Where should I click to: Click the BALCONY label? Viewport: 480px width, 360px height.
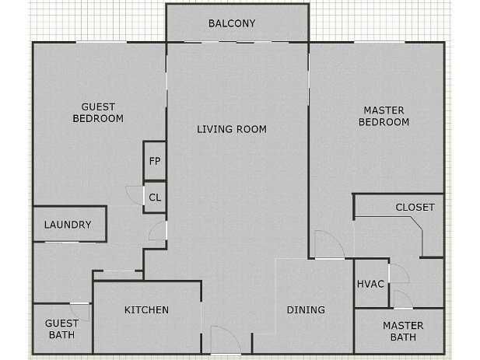tap(232, 23)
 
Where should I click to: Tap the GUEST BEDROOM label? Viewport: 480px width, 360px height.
tap(98, 113)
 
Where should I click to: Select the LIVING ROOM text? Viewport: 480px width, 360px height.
tap(231, 129)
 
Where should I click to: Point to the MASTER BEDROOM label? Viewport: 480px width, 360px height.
tap(383, 116)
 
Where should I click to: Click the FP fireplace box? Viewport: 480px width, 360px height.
tap(155, 162)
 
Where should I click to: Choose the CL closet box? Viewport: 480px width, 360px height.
tap(155, 197)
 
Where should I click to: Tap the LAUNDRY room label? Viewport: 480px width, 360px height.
tap(68, 225)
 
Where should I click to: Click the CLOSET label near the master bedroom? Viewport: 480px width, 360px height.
tap(415, 208)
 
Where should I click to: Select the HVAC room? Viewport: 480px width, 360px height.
tap(370, 284)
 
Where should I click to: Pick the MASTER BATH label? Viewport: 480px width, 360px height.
tap(402, 331)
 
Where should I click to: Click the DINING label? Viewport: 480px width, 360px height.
tap(306, 310)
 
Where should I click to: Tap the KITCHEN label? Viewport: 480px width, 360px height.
tap(146, 310)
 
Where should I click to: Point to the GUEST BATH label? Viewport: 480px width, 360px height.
tap(61, 329)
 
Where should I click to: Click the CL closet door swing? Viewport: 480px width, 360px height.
tap(135, 196)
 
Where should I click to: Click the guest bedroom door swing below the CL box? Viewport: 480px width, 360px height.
tap(157, 230)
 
